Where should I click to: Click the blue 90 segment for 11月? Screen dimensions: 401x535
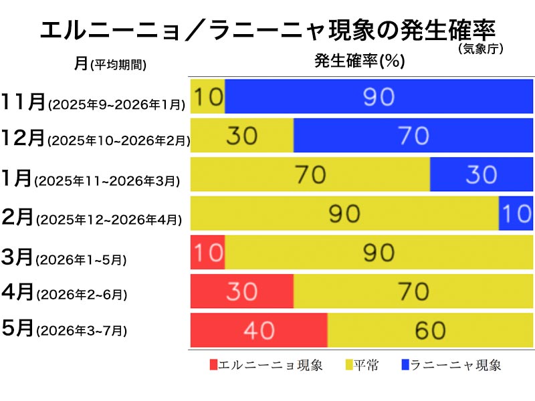point(379,97)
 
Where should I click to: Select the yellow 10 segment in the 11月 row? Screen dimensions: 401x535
point(208,97)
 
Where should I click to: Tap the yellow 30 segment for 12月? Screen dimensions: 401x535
point(242,136)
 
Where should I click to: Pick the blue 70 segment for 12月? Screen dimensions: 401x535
point(413,136)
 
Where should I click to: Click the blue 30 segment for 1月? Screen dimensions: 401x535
point(481,174)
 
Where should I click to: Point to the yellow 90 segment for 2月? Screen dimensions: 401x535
point(344,213)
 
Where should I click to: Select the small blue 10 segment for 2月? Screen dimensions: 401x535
point(516,213)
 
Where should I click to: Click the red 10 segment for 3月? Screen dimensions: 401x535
point(208,252)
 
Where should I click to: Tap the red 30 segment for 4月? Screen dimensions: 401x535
point(242,291)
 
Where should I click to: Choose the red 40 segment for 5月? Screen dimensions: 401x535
point(259,330)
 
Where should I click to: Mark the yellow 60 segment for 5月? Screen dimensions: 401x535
point(430,330)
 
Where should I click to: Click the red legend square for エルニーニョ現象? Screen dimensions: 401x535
point(213,365)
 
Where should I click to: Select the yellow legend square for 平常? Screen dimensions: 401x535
point(348,365)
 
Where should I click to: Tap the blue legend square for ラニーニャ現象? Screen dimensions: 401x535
point(405,365)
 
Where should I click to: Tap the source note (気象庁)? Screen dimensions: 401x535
point(480,48)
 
